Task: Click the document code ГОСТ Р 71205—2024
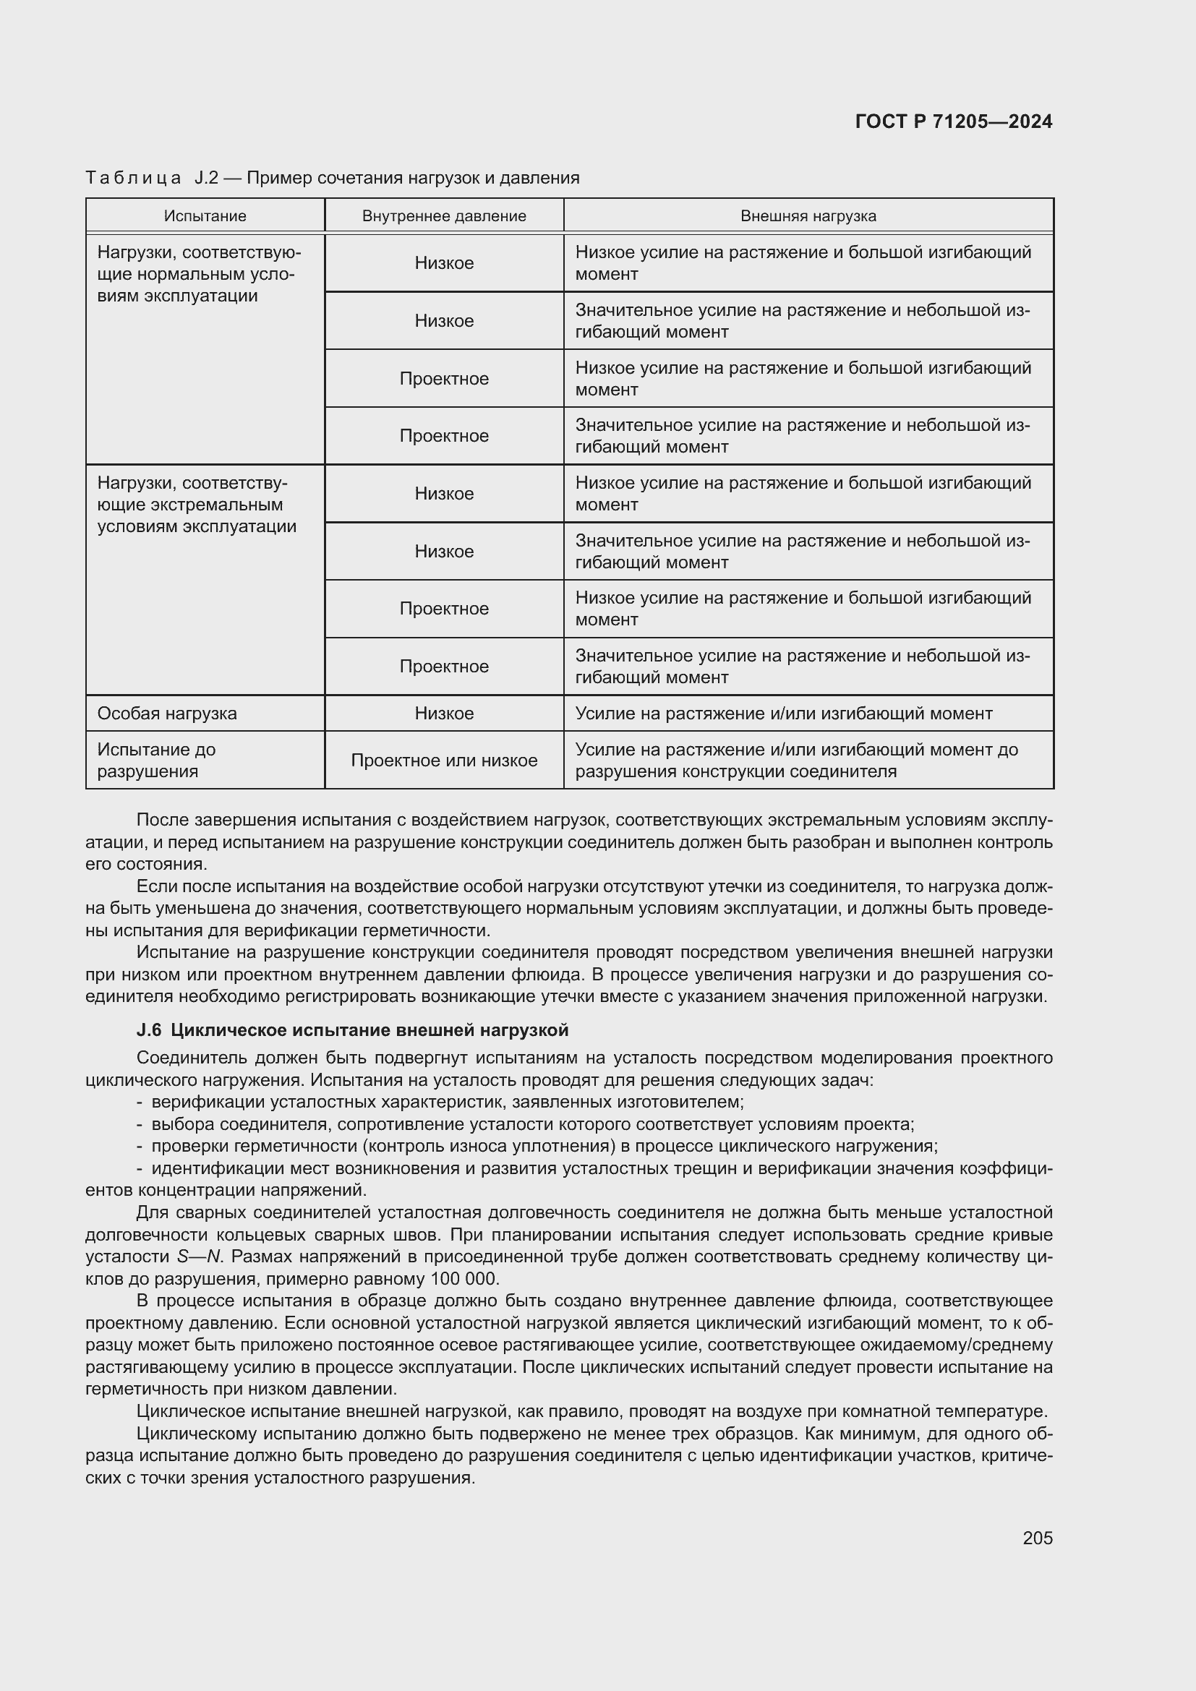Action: pyautogui.click(x=954, y=121)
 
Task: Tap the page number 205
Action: pyautogui.click(x=1037, y=1538)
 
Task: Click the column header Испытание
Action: pyautogui.click(x=205, y=215)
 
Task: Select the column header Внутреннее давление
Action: pyautogui.click(x=444, y=215)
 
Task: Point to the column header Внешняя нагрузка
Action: pyautogui.click(x=808, y=215)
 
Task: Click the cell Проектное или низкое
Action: pyautogui.click(x=444, y=760)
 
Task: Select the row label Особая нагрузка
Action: pyautogui.click(x=167, y=713)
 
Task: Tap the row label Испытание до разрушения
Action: pyautogui.click(x=157, y=760)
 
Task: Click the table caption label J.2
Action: pyautogui.click(x=206, y=178)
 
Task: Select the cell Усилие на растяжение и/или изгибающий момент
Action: pyautogui.click(x=784, y=713)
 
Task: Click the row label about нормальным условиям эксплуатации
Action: pyautogui.click(x=199, y=274)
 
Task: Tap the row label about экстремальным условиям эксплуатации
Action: pyautogui.click(x=197, y=505)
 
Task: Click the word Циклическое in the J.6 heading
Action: pyautogui.click(x=223, y=1029)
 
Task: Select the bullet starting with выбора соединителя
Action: pyautogui.click(x=531, y=1124)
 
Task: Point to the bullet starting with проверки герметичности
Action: pyautogui.click(x=544, y=1146)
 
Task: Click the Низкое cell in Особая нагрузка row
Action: pyautogui.click(x=444, y=713)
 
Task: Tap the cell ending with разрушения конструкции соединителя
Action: pyautogui.click(x=796, y=760)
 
